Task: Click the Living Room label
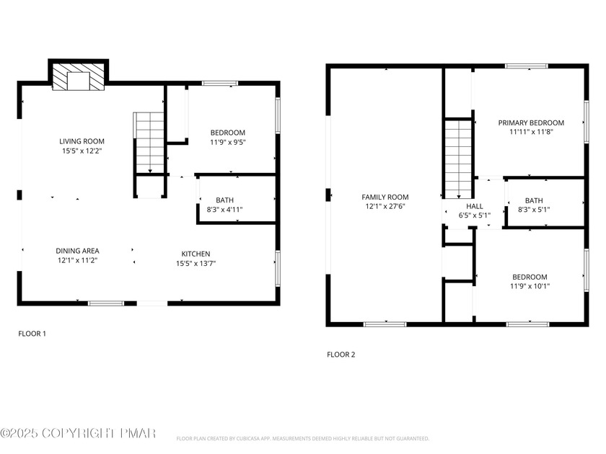point(82,141)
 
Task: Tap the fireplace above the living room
point(79,77)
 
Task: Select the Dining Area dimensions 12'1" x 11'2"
point(77,260)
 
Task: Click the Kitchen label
point(196,254)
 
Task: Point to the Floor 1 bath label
point(224,200)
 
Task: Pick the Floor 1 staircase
point(149,143)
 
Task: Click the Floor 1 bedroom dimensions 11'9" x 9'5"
point(228,142)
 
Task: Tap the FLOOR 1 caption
point(32,334)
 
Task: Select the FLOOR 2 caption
point(341,355)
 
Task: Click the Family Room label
point(385,197)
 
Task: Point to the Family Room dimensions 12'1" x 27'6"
point(385,206)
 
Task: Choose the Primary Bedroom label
point(531,123)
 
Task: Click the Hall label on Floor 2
point(475,206)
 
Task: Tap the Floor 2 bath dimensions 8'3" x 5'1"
point(534,210)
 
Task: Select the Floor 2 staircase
point(458,159)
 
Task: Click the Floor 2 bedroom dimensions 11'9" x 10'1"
point(530,286)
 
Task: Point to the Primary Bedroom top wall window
point(527,66)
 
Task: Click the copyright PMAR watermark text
point(78,433)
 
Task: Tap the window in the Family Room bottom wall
point(385,324)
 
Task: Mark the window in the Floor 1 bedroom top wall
point(220,83)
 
